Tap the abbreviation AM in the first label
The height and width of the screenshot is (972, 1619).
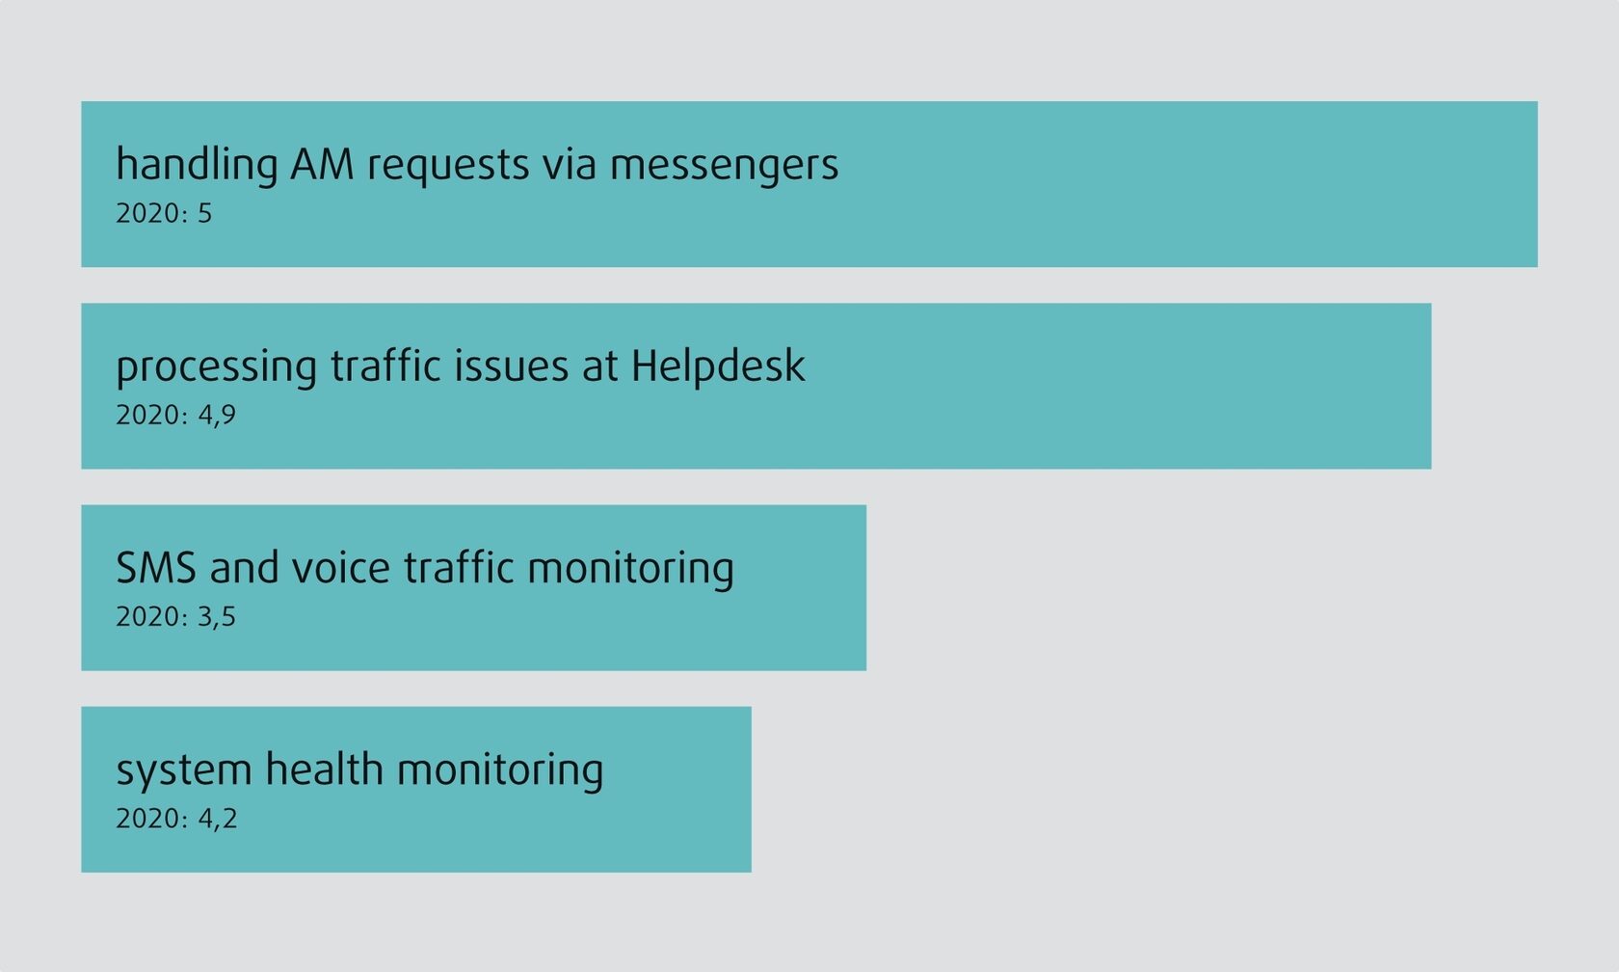coord(322,164)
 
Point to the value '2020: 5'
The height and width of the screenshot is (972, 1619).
coord(164,213)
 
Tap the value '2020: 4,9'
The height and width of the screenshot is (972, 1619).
coord(175,415)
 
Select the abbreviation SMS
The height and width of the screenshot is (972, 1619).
coord(156,568)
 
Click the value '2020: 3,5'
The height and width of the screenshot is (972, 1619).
coord(175,617)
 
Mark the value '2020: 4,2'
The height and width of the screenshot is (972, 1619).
coord(176,819)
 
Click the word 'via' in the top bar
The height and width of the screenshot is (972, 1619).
coord(570,164)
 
